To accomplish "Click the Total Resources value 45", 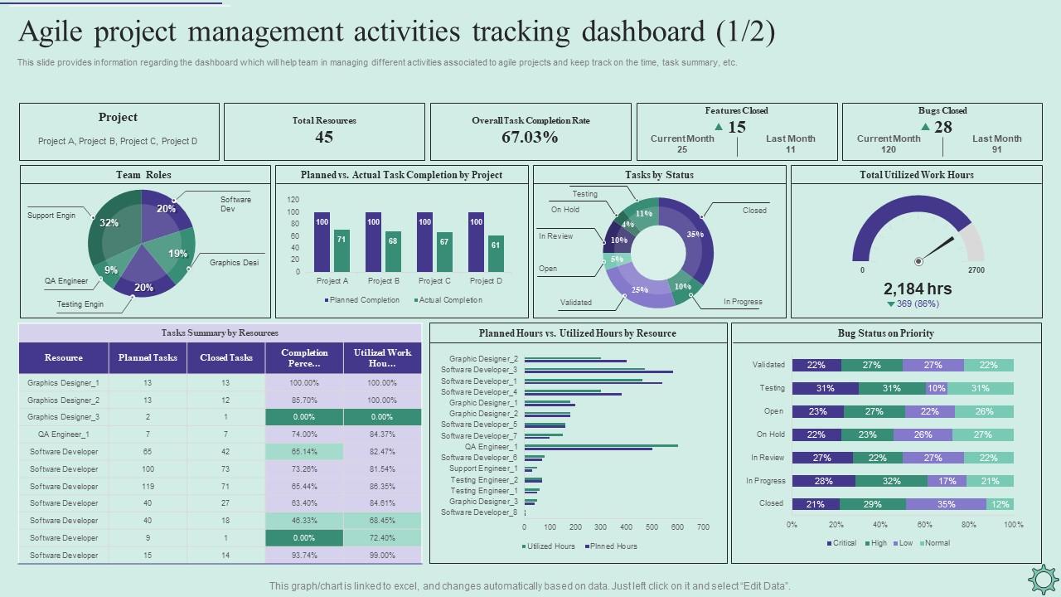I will pos(324,138).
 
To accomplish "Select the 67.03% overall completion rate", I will pos(530,138).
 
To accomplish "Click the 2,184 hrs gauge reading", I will pos(917,289).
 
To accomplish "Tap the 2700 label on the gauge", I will pos(976,270).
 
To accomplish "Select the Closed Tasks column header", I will pos(226,357).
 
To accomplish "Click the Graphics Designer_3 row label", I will pos(64,417).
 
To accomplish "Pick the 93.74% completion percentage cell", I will pos(304,556).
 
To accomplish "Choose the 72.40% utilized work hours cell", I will pos(382,538).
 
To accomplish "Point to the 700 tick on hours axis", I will pos(703,527).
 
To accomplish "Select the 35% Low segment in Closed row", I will pos(946,504).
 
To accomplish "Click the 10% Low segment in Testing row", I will pos(936,388).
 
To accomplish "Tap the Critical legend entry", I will pos(841,543).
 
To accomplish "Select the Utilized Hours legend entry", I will pos(549,546).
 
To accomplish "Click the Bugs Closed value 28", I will pos(942,127).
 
